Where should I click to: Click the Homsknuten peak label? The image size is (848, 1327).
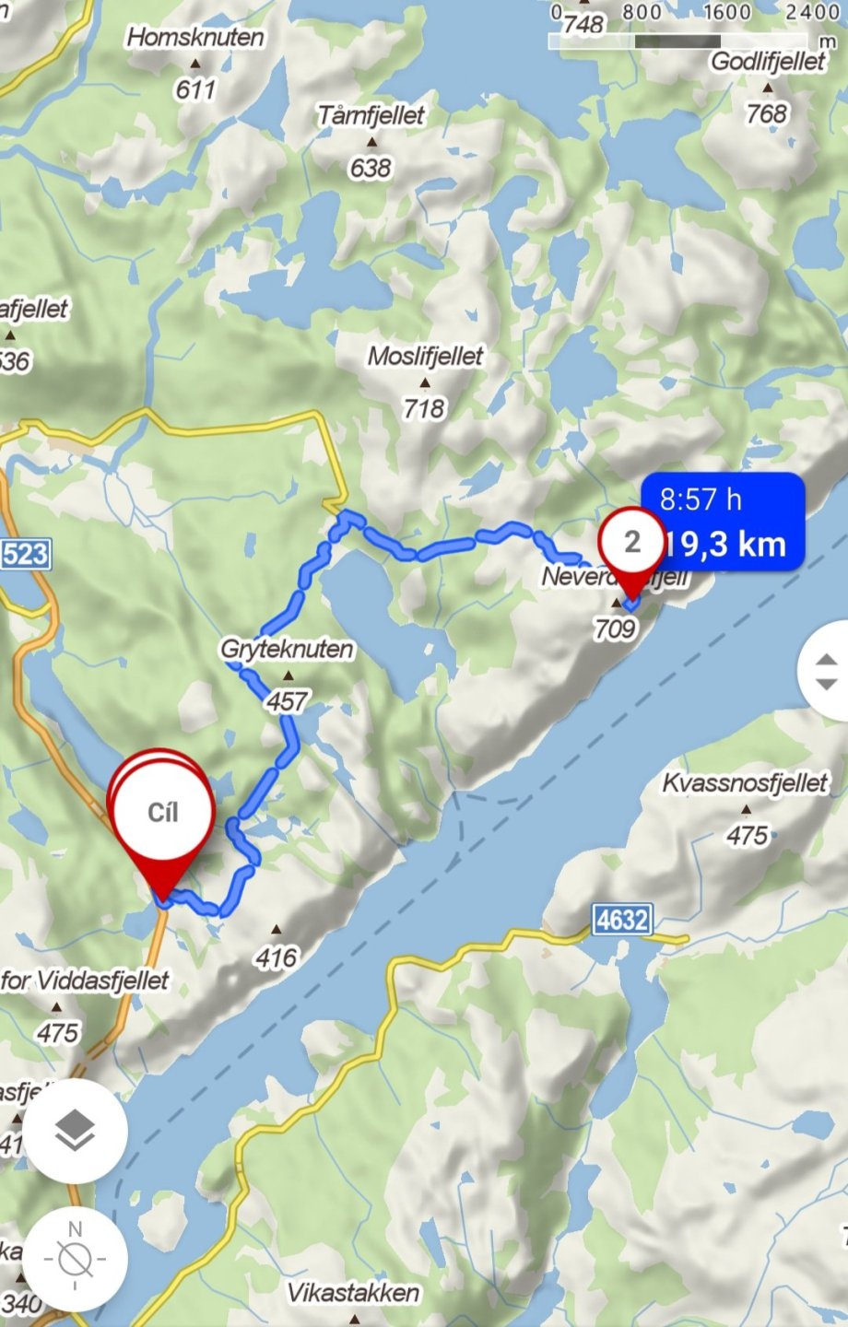tap(195, 38)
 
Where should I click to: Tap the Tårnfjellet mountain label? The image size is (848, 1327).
tap(371, 116)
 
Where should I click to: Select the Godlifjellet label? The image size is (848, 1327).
tap(769, 62)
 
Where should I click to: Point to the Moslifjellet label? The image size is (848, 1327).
tap(425, 357)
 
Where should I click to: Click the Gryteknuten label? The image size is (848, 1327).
tap(287, 649)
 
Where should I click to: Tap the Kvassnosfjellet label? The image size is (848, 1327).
tap(746, 783)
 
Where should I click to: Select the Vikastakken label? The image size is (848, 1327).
tap(353, 1293)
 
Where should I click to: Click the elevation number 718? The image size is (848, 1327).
tap(424, 408)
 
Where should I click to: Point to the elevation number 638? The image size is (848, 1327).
tap(371, 168)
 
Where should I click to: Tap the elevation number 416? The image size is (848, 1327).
tap(277, 958)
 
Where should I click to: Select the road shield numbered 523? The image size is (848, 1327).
tap(24, 554)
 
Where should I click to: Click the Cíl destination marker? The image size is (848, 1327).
tap(162, 813)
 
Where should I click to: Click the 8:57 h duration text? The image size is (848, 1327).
tap(701, 499)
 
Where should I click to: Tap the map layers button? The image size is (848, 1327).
tap(75, 1131)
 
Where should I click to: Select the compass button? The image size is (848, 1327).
tap(75, 1258)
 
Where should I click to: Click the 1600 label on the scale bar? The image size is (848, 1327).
tap(727, 13)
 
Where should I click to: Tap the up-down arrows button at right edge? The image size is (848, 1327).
tap(826, 671)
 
